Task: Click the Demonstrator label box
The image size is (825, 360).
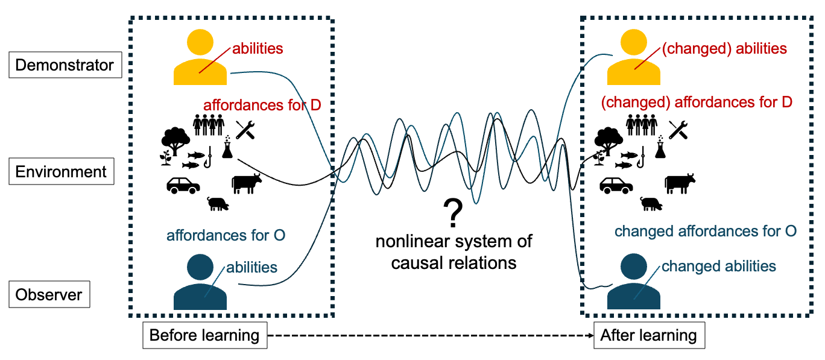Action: (65, 65)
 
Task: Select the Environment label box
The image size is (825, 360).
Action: (61, 172)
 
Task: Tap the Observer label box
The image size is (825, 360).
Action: (49, 295)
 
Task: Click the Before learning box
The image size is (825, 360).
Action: (204, 335)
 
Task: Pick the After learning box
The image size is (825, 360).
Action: (648, 335)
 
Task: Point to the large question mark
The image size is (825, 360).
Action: (453, 212)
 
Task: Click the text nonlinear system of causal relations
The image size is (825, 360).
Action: (454, 252)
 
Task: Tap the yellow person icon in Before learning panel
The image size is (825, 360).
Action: (200, 58)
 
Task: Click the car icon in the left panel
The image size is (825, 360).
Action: (183, 185)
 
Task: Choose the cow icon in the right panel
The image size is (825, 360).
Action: (680, 183)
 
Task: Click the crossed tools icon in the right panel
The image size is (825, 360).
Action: (678, 130)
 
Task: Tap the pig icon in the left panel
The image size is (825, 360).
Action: (218, 204)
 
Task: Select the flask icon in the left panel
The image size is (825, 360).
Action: (227, 147)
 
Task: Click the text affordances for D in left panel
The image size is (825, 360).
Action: (262, 106)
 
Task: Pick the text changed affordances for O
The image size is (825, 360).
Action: (706, 231)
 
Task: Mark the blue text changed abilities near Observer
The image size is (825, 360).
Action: (719, 267)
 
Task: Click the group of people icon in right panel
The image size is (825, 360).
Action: (642, 125)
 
